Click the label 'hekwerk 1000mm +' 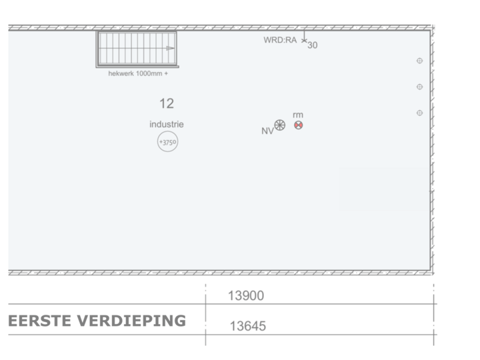tap(138, 74)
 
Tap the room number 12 tap(166, 103)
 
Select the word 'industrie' tap(167, 124)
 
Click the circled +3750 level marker tap(167, 141)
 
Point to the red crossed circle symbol tap(298, 125)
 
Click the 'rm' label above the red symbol tap(297, 115)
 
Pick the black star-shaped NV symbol tap(280, 125)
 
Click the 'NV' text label tap(267, 131)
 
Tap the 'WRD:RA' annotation tap(279, 40)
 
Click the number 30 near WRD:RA tap(312, 46)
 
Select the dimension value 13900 tap(246, 295)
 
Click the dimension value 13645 tap(247, 326)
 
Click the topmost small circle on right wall tap(419, 61)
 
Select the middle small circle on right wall tap(419, 87)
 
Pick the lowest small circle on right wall tap(419, 113)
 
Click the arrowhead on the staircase tap(171, 49)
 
